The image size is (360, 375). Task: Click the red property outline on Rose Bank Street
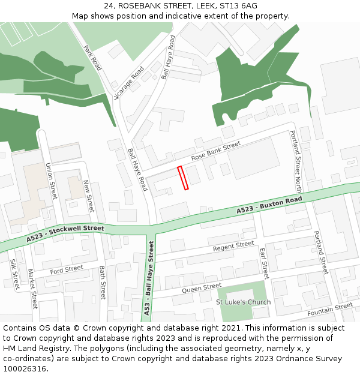click(183, 178)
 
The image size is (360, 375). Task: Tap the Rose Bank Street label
click(215, 151)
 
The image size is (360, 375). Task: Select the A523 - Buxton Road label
click(269, 205)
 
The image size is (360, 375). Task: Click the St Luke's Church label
click(243, 302)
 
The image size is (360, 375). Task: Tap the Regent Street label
click(233, 246)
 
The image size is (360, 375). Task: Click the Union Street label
click(51, 182)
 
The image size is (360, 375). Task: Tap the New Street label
click(89, 196)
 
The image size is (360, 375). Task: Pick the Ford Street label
click(66, 271)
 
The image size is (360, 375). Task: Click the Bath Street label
click(103, 283)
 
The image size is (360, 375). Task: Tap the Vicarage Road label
click(129, 83)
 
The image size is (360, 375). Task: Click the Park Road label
click(92, 58)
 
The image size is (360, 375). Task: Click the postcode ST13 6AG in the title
click(238, 5)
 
